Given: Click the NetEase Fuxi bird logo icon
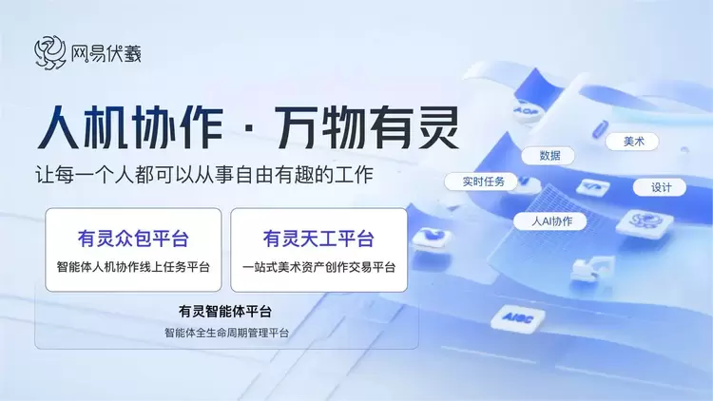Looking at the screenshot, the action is [x=50, y=53].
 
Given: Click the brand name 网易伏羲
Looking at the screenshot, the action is [x=106, y=53].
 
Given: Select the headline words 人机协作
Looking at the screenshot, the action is [x=130, y=127].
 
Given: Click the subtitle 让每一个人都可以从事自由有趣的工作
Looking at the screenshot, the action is [x=204, y=175].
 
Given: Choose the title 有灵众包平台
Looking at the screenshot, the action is [x=133, y=239].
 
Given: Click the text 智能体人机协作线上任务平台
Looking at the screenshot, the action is [x=133, y=267].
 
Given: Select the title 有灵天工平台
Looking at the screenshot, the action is [x=318, y=239].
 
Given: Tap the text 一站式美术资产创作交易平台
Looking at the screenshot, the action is [x=318, y=267].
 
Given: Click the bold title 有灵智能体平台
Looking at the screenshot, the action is [x=225, y=312].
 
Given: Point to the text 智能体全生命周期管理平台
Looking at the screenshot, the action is [x=226, y=333].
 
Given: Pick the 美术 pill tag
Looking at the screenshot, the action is [x=632, y=142].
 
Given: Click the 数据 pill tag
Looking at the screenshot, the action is [x=549, y=156].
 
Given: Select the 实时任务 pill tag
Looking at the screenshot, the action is [x=482, y=181].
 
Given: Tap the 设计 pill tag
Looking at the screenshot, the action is [x=660, y=187].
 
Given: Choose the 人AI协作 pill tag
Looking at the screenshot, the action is [x=550, y=221].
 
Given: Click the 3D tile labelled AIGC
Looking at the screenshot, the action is [x=518, y=317].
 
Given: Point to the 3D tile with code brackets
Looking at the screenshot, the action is [x=593, y=187].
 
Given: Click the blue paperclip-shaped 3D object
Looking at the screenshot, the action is [x=600, y=128].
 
